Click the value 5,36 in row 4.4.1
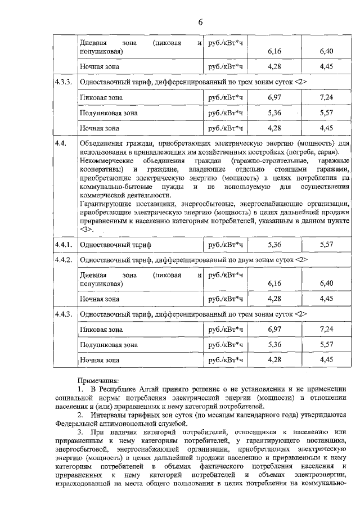[274, 245]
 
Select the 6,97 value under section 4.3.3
[274, 97]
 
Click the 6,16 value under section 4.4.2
[274, 283]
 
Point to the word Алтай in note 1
[141, 389]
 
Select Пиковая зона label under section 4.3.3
[101, 97]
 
